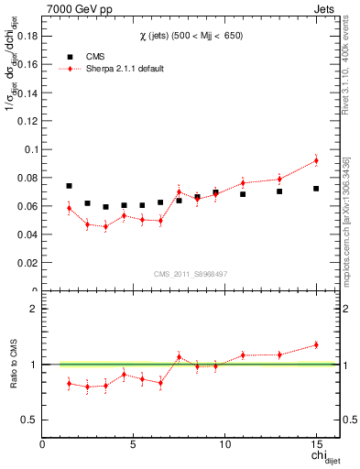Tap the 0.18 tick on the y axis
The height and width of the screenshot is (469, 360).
point(27,35)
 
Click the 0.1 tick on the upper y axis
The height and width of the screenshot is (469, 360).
point(31,148)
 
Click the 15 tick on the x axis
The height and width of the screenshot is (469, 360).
point(315,444)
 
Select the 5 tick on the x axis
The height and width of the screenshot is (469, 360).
point(134,444)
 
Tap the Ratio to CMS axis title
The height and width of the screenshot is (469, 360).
point(15,365)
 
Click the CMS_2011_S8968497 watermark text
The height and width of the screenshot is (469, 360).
point(190,274)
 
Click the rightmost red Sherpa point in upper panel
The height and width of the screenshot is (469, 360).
point(316,160)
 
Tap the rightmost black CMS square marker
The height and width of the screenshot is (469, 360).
point(316,189)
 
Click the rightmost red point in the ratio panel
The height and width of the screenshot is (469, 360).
point(316,344)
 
